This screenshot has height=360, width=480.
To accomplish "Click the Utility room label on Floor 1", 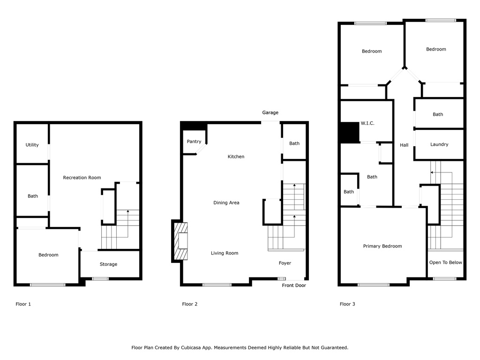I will point(32,145).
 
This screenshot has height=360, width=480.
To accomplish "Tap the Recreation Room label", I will point(82,178).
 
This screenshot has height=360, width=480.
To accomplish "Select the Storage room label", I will point(108,264).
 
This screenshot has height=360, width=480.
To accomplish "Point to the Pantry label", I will point(194,142).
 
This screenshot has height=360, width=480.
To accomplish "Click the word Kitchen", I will point(236,157).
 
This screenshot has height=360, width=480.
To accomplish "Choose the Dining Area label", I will point(226,203).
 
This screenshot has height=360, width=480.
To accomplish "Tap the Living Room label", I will point(225,253).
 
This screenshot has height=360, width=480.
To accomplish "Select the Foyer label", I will point(285,263).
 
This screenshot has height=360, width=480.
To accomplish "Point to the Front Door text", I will point(294,285).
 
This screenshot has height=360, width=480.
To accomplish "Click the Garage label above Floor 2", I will point(270,112).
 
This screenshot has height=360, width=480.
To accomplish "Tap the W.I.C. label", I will point(367,124).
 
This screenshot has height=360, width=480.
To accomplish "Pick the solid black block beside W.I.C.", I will point(349,132).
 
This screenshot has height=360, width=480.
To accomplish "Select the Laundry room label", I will point(439,144).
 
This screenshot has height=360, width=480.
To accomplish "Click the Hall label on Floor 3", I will point(404,145).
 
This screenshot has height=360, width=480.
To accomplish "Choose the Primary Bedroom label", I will point(382,246).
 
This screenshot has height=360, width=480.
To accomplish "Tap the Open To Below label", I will point(446,262).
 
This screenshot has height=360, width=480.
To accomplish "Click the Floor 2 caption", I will point(190,304).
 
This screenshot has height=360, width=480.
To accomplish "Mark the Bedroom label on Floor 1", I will point(48,255).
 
